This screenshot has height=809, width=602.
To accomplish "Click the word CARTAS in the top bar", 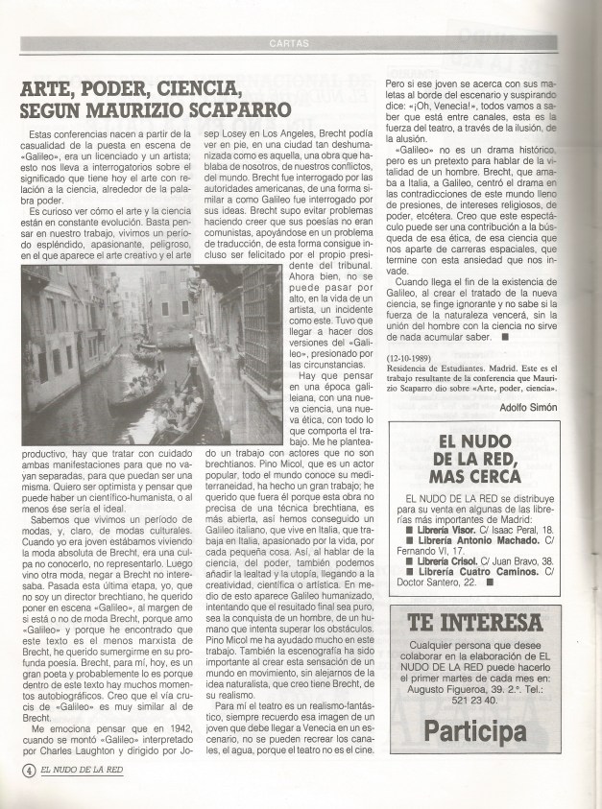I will pos(289,43).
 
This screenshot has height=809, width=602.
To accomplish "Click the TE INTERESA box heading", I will pos(474,623).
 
